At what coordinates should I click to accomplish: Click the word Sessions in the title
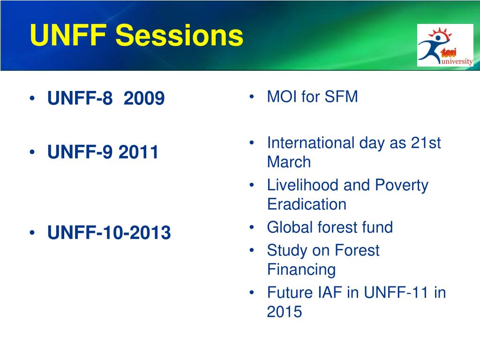(179, 35)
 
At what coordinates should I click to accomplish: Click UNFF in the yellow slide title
(68, 35)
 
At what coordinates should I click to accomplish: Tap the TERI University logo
(445, 45)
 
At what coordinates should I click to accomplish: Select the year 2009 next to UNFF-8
(144, 98)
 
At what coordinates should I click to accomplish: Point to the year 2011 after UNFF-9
(138, 152)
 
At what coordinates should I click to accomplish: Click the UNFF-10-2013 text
(109, 232)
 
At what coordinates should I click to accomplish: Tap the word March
(289, 162)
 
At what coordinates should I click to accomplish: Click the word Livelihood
(303, 185)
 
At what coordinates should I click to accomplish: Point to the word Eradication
(307, 204)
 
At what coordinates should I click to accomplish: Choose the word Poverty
(402, 186)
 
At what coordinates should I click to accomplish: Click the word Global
(290, 227)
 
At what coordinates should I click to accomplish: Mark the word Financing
(301, 270)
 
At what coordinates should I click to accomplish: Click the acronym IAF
(330, 292)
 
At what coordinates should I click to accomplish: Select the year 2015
(285, 312)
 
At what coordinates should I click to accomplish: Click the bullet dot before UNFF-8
(32, 98)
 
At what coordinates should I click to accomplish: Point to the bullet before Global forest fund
(252, 227)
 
